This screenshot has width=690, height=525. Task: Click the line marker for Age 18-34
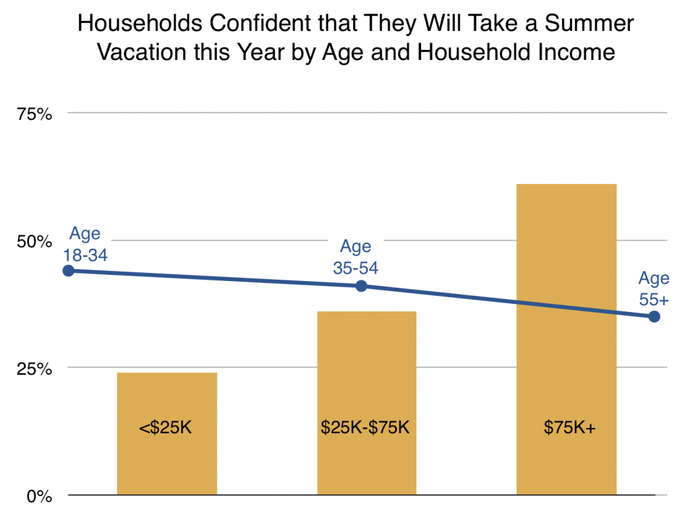coord(68,271)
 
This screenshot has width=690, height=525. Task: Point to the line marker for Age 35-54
coord(361,286)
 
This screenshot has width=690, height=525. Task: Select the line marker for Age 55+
coord(654,317)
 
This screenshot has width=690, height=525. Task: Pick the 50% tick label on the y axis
coord(34,241)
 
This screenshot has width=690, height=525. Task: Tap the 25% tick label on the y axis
coord(34,369)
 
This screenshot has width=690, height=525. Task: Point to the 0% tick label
coord(39,497)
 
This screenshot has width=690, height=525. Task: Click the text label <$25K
coord(166,429)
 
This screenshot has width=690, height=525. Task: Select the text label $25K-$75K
coord(367,429)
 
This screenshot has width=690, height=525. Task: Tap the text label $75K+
coord(566,429)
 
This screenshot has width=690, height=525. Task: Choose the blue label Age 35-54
coord(355,257)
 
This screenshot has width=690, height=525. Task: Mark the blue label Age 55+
coord(654,288)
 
